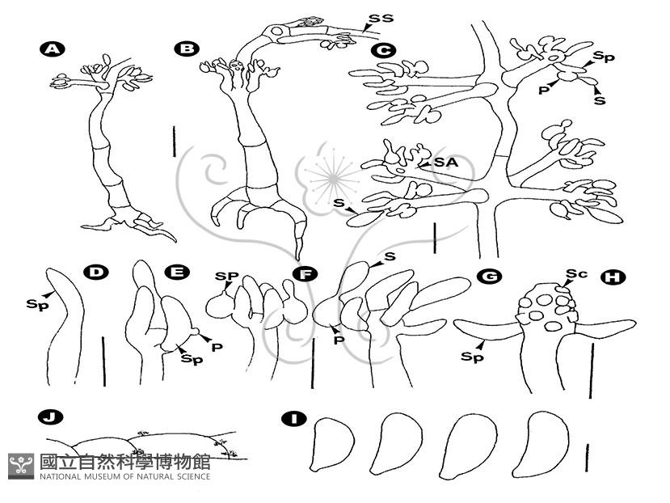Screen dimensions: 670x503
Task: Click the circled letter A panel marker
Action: click(52, 49)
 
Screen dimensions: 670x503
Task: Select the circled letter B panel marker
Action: click(187, 49)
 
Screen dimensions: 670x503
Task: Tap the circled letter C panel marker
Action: click(383, 51)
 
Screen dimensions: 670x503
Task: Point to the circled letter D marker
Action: click(96, 272)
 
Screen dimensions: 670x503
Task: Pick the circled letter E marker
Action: click(177, 272)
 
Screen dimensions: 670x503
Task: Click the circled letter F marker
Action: click(305, 274)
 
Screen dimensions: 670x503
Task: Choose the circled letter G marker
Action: click(489, 276)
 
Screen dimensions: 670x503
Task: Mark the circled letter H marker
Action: click(613, 277)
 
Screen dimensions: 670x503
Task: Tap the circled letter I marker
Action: click(294, 418)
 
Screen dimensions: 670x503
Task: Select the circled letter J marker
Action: click(50, 417)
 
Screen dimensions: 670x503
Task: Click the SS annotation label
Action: click(381, 19)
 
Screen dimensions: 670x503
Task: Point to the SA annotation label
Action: click(446, 162)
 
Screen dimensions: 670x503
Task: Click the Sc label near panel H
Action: click(576, 273)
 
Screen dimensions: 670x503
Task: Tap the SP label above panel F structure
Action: click(226, 277)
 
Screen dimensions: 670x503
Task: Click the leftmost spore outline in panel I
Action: click(333, 445)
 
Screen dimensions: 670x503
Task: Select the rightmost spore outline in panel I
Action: click(540, 445)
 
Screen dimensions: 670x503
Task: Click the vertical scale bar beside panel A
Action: click(175, 142)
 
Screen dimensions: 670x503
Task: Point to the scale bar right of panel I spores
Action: click(588, 458)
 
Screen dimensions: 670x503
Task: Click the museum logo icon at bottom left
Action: click(21, 466)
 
